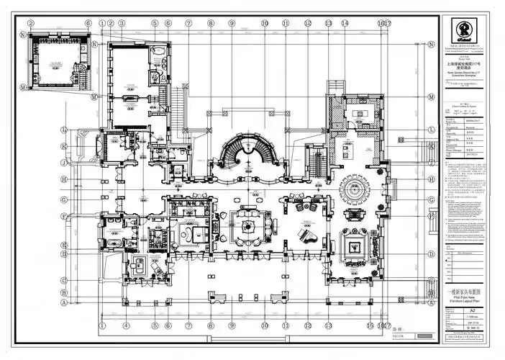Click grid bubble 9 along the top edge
click(x=232, y=23)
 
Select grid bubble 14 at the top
click(x=345, y=23)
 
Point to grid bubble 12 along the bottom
click(x=307, y=325)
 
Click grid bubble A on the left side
click(x=65, y=303)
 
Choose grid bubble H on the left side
click(x=65, y=179)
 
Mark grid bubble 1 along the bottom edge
click(x=102, y=325)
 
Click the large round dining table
click(x=354, y=193)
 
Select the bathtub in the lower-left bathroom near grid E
click(x=112, y=243)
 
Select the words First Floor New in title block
click(x=462, y=296)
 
